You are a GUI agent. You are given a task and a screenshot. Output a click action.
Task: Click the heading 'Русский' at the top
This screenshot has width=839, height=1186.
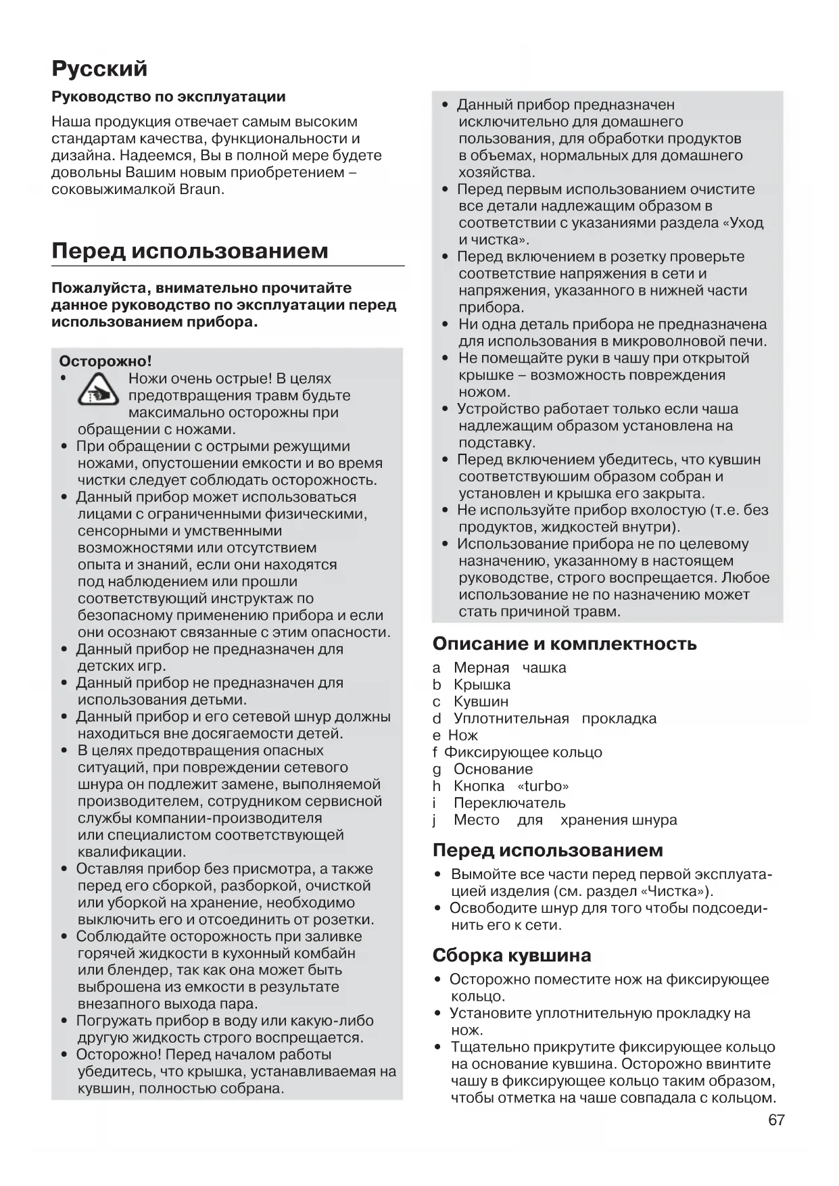pyautogui.click(x=99, y=69)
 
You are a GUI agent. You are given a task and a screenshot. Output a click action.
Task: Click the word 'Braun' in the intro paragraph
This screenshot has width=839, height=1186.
pyautogui.click(x=199, y=189)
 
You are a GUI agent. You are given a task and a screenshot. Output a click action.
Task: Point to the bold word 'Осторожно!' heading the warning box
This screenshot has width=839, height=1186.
pyautogui.click(x=105, y=362)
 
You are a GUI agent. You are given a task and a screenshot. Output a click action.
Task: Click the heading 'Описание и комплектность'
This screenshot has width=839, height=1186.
pyautogui.click(x=565, y=644)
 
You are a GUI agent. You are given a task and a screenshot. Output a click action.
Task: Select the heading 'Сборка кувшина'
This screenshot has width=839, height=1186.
pyautogui.click(x=512, y=955)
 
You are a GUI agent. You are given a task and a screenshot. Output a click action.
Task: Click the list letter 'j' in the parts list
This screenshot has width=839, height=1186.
pyautogui.click(x=435, y=820)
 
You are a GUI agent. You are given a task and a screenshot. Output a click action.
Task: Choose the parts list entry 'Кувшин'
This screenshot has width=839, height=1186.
pyautogui.click(x=481, y=702)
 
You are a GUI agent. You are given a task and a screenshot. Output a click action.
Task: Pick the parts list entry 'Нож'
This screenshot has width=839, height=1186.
pyautogui.click(x=463, y=736)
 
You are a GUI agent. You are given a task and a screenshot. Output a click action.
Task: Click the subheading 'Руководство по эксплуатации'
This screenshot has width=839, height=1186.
pyautogui.click(x=168, y=97)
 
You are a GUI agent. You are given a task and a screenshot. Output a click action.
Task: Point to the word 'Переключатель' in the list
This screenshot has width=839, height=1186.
pyautogui.click(x=509, y=803)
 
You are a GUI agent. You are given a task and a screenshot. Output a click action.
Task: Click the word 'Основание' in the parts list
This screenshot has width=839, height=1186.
pyautogui.click(x=493, y=769)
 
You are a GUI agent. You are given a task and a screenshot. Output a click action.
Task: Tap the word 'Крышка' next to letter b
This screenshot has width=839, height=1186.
pyautogui.click(x=482, y=685)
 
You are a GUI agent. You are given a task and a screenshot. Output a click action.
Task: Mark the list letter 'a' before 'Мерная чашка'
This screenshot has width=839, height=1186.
pyautogui.click(x=436, y=668)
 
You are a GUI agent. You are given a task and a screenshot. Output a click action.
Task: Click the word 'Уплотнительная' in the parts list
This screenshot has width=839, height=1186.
pyautogui.click(x=511, y=719)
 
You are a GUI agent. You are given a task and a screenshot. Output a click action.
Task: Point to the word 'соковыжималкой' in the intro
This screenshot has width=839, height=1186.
pyautogui.click(x=112, y=189)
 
